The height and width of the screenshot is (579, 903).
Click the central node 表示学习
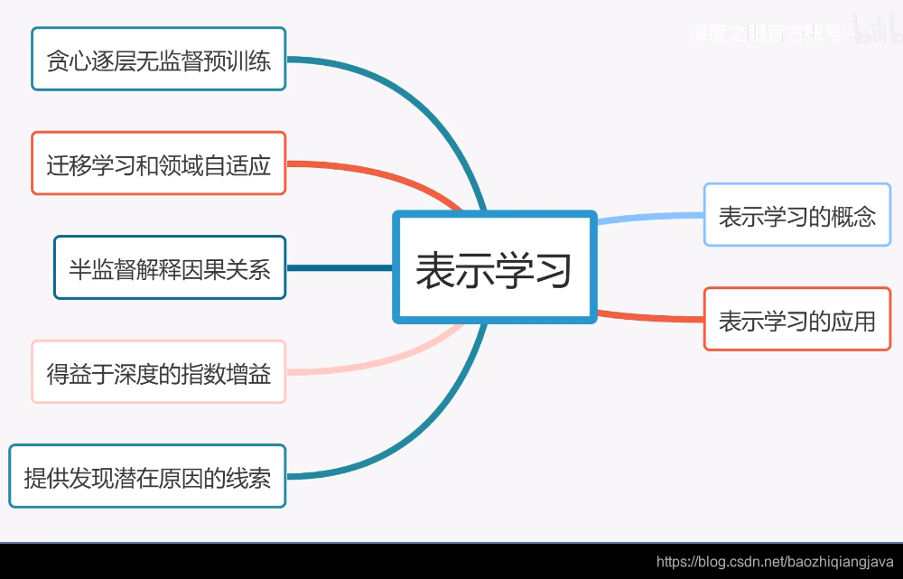pos(495,267)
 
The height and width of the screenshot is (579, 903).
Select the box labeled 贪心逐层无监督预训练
pos(159,60)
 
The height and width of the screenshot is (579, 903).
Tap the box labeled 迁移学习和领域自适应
pos(159,163)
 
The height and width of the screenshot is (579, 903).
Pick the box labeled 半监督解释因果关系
pos(170,267)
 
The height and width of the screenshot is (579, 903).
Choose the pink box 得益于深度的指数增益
pos(159,371)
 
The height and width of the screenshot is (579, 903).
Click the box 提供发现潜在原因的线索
pos(147,476)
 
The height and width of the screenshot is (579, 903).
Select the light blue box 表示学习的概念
pos(796,215)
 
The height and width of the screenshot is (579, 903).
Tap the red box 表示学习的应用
pos(796,319)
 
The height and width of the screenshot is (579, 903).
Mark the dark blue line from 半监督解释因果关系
pos(339,267)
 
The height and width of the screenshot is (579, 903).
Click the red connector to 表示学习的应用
pos(650,316)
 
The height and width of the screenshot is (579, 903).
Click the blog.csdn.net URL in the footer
pos(774,562)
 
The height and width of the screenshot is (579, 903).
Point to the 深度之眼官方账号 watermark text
pos(765,34)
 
